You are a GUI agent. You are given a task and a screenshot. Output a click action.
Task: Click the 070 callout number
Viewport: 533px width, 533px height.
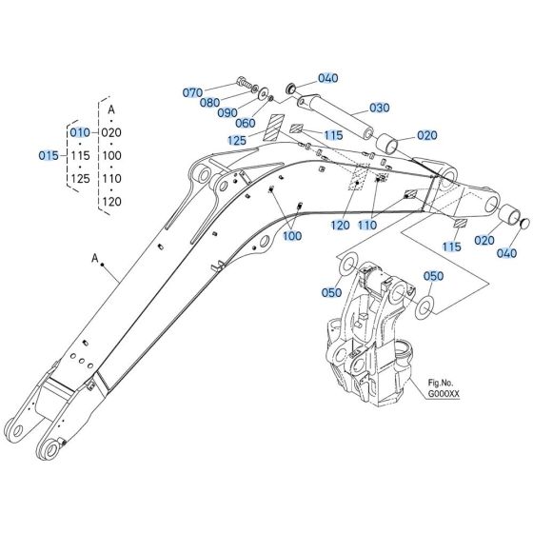[193, 92]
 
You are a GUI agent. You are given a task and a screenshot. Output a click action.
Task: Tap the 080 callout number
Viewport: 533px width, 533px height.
[209, 103]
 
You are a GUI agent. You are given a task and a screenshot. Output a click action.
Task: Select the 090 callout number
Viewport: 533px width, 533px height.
[227, 112]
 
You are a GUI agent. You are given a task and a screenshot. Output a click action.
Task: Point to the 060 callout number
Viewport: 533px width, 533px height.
[246, 123]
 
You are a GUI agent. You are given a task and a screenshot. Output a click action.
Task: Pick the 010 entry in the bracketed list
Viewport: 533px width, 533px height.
[80, 132]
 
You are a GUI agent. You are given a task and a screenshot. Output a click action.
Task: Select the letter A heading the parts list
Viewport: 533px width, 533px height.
[111, 109]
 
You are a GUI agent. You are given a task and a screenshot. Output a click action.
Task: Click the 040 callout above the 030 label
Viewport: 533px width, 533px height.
[328, 78]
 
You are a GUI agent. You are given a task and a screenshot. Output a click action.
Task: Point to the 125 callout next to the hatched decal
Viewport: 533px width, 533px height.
[237, 141]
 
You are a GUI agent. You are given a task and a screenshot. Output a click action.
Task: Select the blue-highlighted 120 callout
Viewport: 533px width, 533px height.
[342, 226]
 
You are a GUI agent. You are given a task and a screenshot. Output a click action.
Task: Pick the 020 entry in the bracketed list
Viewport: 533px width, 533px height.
[111, 132]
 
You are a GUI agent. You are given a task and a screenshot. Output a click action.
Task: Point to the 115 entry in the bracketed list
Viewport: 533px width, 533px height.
[80, 155]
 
